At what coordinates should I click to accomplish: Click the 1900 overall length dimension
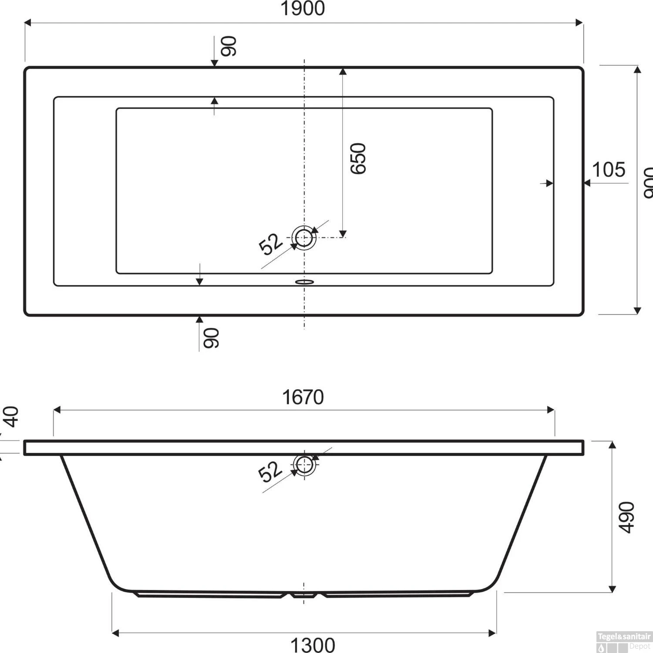[x=303, y=9]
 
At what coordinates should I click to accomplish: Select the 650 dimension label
[x=358, y=158]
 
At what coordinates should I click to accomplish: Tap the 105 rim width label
[x=609, y=170]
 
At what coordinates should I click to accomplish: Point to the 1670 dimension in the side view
[x=303, y=397]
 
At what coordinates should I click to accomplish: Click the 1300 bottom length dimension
[x=313, y=645]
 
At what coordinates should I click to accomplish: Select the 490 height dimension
[x=627, y=517]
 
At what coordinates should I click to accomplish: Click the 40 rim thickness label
[x=12, y=417]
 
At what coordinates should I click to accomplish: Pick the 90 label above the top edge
[x=229, y=46]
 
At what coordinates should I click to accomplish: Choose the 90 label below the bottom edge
[x=212, y=338]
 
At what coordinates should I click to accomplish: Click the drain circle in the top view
[x=304, y=238]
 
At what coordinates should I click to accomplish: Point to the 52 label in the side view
[x=269, y=472]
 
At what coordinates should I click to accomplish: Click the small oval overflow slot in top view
[x=304, y=282]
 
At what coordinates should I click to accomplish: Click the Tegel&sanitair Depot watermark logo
[x=624, y=642]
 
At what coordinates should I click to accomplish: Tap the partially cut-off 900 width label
[x=648, y=183]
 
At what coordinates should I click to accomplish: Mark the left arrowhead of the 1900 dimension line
[x=27, y=23]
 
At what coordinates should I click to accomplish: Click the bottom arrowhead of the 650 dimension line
[x=343, y=234]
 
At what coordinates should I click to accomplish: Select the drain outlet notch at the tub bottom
[x=304, y=595]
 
